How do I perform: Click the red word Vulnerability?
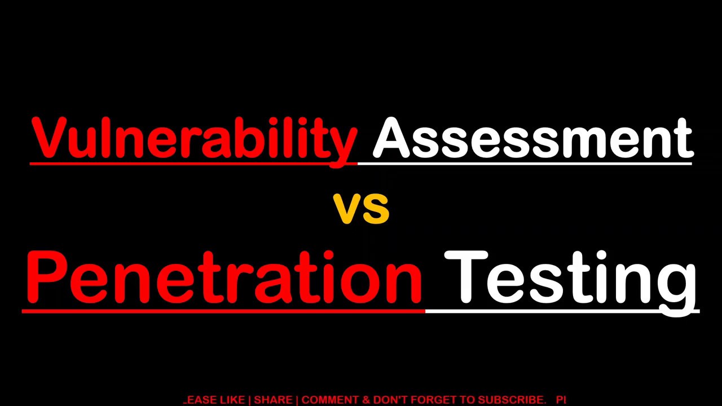(194, 138)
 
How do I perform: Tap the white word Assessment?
(532, 138)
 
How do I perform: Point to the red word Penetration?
(224, 277)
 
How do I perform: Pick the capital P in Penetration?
(45, 277)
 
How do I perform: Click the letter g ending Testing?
(680, 285)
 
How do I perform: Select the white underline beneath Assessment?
(525, 164)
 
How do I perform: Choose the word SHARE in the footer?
(273, 400)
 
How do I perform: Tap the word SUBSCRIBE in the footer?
(512, 400)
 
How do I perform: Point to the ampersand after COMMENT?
(366, 400)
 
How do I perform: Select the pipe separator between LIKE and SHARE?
(249, 400)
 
